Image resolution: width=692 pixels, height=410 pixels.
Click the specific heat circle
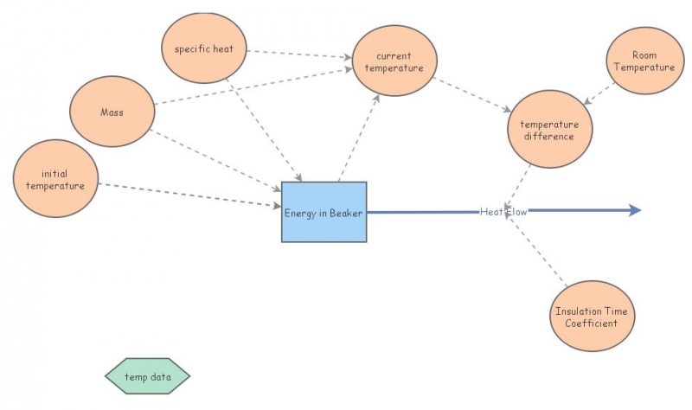pos(204,48)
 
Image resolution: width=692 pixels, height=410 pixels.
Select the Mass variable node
pos(112,112)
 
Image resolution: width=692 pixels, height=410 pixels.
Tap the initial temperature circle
pos(55,180)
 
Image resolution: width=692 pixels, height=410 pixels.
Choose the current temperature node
pos(394,61)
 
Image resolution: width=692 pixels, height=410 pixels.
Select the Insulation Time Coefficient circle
pos(592,317)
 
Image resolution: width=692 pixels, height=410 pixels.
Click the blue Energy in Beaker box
pos(324,212)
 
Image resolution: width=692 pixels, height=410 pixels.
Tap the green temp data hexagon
pos(147,376)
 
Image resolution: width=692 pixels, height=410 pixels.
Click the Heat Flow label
pos(503,211)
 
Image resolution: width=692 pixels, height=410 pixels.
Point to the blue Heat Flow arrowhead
pos(635,210)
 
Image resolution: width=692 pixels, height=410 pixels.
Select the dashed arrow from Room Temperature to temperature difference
pos(599,94)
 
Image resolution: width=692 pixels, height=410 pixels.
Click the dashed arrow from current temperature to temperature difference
pos(472,96)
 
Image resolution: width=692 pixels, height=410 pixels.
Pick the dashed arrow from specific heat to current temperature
pos(298,54)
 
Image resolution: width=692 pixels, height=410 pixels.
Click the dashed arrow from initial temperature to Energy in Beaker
pos(190,195)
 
